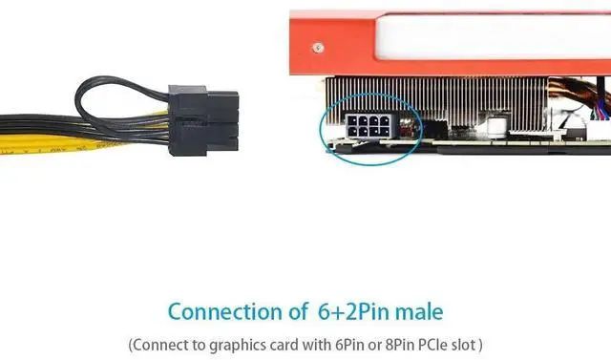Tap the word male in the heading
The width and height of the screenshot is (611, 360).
416,311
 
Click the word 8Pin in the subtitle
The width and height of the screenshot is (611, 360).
386,343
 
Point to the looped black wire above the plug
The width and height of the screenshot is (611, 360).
124,91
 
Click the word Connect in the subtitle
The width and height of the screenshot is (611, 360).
161,343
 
